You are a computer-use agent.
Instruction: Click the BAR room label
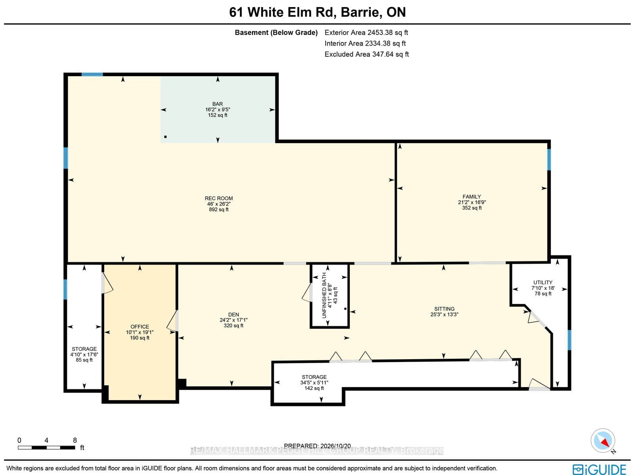click(x=218, y=104)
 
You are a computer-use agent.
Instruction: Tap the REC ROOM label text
click(x=219, y=199)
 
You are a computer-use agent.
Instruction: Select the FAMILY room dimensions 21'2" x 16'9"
click(x=472, y=202)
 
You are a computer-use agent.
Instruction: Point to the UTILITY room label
click(x=543, y=283)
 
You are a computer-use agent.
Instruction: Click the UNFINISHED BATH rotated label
click(x=324, y=295)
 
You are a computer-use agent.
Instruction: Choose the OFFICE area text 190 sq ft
click(x=139, y=338)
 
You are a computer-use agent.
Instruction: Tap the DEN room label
click(x=233, y=315)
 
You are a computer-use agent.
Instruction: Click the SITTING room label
click(x=444, y=309)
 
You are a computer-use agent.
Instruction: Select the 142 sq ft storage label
click(x=314, y=388)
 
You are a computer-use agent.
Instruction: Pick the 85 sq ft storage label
click(x=84, y=360)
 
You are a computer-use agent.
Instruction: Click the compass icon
click(x=603, y=441)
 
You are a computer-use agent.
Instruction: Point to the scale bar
click(x=46, y=448)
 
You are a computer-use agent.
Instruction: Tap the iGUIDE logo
click(x=599, y=469)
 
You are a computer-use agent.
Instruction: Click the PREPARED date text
click(x=317, y=446)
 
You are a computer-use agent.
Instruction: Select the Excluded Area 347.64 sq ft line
click(x=367, y=54)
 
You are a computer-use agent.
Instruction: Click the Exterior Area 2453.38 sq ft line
click(x=366, y=33)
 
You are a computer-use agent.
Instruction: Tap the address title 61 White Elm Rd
click(x=283, y=12)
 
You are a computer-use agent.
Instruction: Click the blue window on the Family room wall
click(x=549, y=159)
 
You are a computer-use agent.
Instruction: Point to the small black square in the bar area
click(x=165, y=137)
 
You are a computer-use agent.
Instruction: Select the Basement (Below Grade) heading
click(x=276, y=33)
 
